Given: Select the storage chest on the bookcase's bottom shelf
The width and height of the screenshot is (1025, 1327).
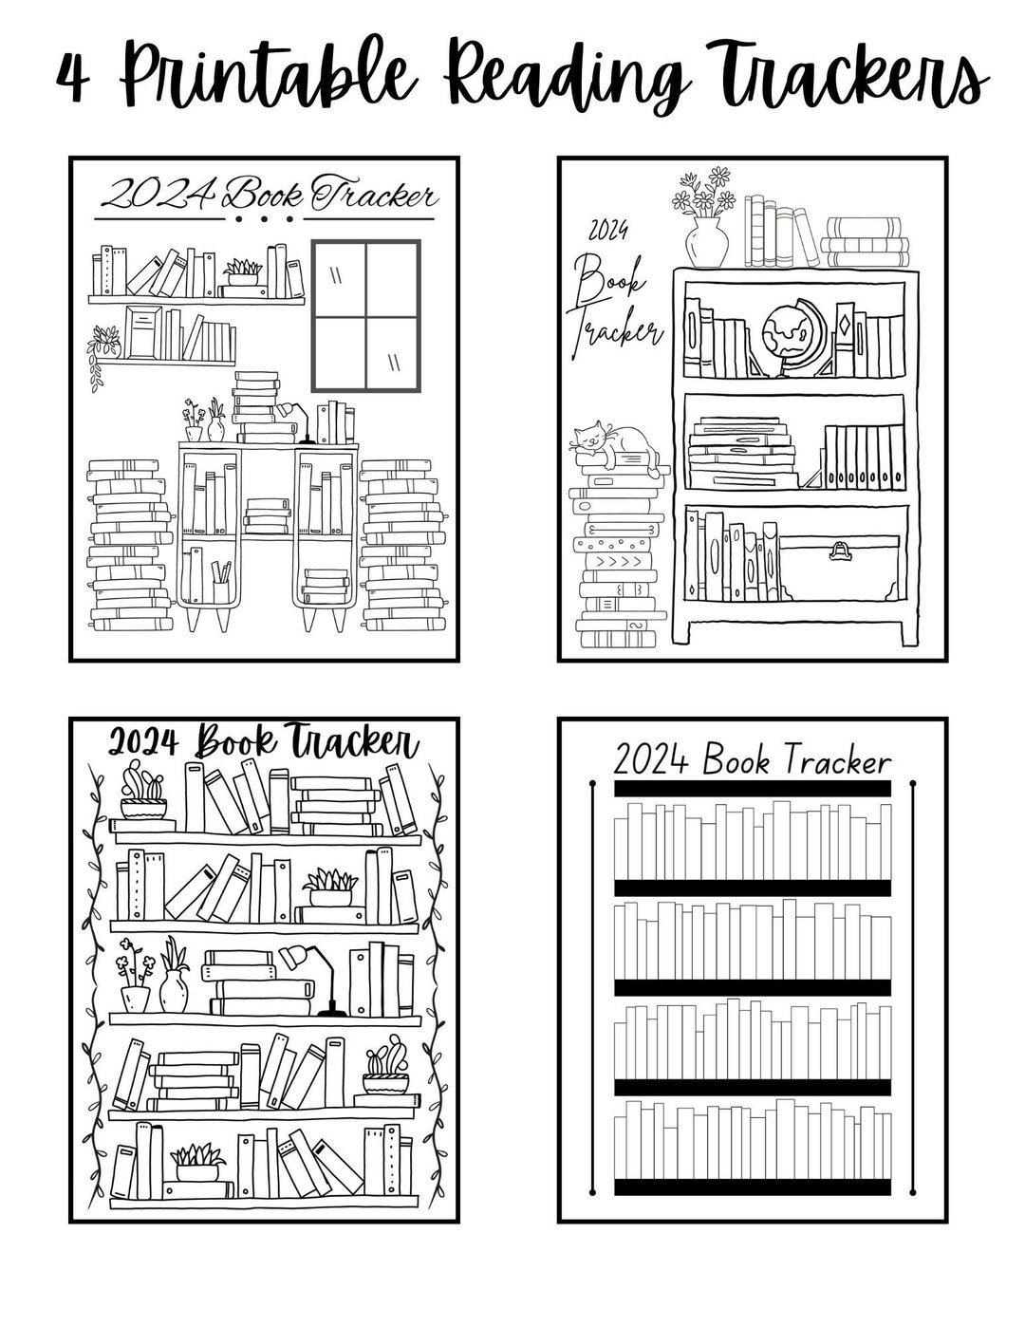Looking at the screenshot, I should point(839,567).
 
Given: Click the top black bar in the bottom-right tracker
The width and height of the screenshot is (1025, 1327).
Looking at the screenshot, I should point(752,789).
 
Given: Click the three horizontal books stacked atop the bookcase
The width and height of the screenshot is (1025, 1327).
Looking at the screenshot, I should point(865,242).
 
